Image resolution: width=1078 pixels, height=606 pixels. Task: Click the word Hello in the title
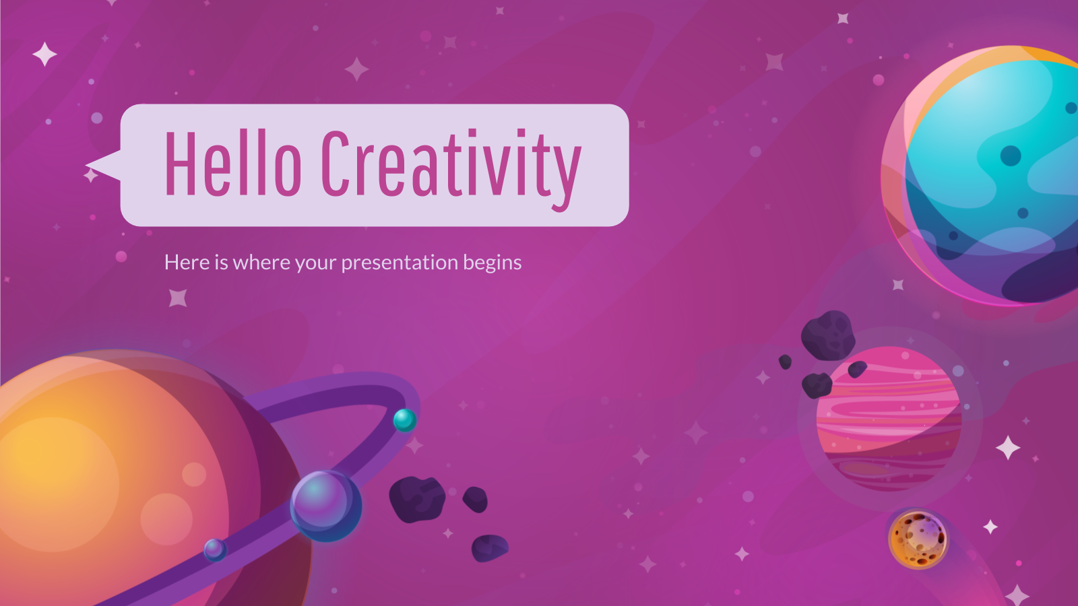tap(233, 163)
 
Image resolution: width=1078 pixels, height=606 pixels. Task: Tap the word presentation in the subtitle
tap(400, 263)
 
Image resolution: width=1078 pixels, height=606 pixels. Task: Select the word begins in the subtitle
tap(493, 263)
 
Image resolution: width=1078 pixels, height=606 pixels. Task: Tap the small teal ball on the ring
tap(405, 420)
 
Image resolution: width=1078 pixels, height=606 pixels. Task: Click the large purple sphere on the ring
tap(326, 506)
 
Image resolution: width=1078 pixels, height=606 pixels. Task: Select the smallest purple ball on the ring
tap(215, 549)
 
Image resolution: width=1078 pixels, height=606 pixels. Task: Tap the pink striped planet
tap(889, 418)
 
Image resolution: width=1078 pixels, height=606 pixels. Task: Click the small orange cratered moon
tap(918, 539)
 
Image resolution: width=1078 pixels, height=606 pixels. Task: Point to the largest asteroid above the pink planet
tap(828, 336)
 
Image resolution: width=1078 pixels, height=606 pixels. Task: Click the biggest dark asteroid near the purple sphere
tap(417, 499)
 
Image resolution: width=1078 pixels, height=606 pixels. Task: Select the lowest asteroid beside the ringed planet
tap(490, 548)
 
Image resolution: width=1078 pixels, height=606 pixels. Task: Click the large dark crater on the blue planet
tap(1011, 156)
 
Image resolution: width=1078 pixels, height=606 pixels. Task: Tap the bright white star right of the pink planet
tap(1008, 448)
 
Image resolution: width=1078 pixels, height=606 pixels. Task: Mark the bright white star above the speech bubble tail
tap(44, 54)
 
